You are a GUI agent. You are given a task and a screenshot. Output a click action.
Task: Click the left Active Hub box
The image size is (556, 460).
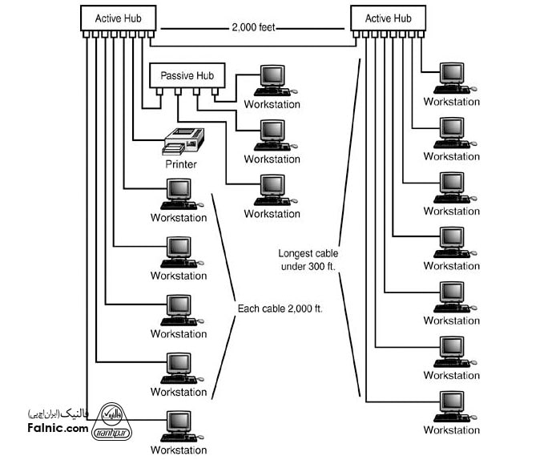pos(118,18)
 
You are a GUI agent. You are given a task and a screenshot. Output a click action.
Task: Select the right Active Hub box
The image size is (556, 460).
pos(389,18)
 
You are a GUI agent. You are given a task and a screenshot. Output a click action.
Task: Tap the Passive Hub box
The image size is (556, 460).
pos(188,75)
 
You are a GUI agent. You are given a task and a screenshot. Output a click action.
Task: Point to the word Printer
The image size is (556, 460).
pos(181,164)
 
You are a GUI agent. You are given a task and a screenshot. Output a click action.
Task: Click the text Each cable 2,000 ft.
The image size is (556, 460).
pos(280,308)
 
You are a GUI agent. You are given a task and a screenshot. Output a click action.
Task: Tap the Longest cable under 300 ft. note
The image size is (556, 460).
pos(308,259)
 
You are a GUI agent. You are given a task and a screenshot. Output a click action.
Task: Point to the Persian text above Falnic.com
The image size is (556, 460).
pos(58,414)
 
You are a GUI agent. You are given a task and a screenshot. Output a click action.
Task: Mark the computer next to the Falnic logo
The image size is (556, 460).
pos(179,426)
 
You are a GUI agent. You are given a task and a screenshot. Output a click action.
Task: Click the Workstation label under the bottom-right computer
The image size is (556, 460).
pos(451,430)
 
